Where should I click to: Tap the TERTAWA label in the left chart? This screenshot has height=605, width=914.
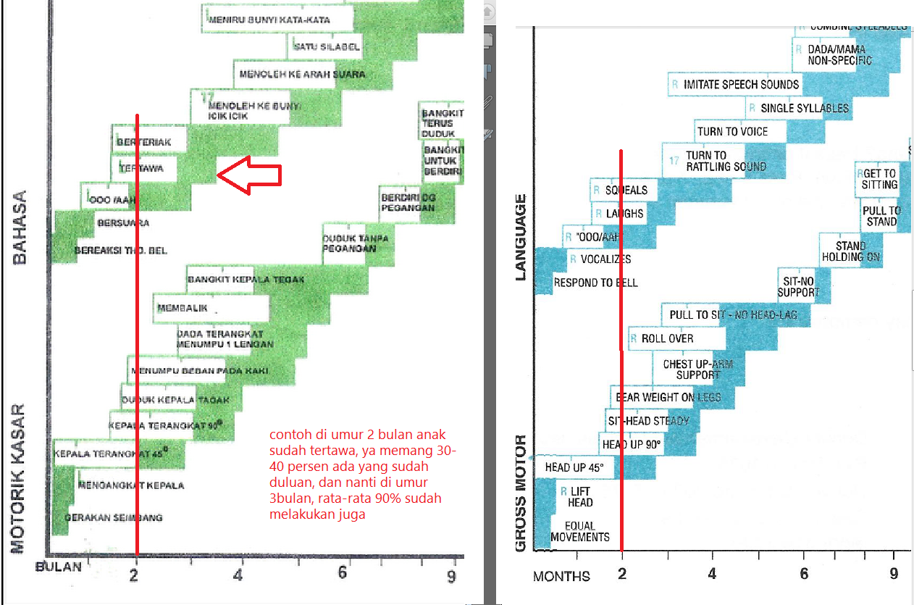pyautogui.click(x=143, y=168)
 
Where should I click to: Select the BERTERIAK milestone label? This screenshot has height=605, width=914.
pyautogui.click(x=143, y=142)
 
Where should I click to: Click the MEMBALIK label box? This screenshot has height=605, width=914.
pyautogui.click(x=183, y=308)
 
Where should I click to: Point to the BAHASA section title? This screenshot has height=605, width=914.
pyautogui.click(x=20, y=227)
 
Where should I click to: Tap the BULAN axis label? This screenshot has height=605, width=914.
pyautogui.click(x=58, y=567)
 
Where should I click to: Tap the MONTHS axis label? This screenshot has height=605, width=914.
pyautogui.click(x=561, y=577)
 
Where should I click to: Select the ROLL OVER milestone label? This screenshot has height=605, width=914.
pyautogui.click(x=667, y=338)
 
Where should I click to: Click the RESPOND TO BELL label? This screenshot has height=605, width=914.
pyautogui.click(x=595, y=283)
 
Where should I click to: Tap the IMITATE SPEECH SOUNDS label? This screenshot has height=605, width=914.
pyautogui.click(x=740, y=85)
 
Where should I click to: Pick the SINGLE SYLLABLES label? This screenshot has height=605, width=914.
pyautogui.click(x=804, y=109)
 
